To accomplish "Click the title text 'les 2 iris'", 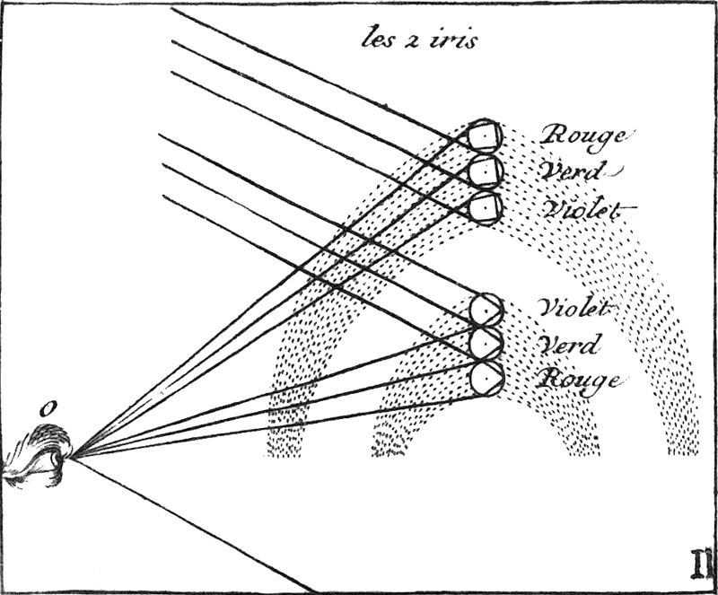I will pyautogui.click(x=419, y=39).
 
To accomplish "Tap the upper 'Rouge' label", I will pyautogui.click(x=582, y=136).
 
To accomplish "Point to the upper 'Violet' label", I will pyautogui.click(x=583, y=209).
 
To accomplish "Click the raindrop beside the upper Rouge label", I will pyautogui.click(x=485, y=136).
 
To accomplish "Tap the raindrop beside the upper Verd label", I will pyautogui.click(x=485, y=171).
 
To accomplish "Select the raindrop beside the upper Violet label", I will pyautogui.click(x=485, y=206).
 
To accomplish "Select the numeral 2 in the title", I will pyautogui.click(x=416, y=40).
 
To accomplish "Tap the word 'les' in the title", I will pyautogui.click(x=381, y=39).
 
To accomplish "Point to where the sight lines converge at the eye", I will pyautogui.click(x=72, y=457).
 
